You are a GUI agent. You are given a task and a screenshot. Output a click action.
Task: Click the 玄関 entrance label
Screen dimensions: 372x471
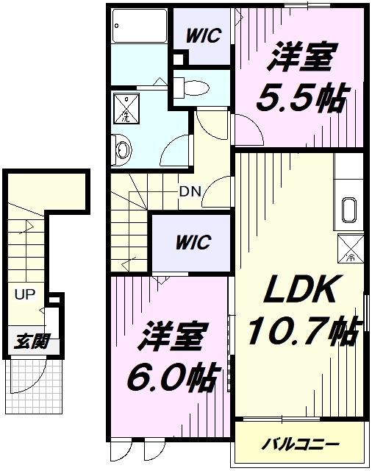click(x=31, y=341)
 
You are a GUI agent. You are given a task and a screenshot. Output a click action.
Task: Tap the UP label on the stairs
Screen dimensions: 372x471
click(x=25, y=294)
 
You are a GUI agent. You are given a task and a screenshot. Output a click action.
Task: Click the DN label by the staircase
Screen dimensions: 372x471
click(x=190, y=191)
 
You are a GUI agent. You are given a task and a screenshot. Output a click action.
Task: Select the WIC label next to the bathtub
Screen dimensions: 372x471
click(x=204, y=36)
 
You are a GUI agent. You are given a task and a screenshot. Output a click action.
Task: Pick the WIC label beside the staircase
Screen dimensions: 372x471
click(x=193, y=242)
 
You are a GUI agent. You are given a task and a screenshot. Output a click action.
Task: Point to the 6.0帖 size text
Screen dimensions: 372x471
click(x=171, y=378)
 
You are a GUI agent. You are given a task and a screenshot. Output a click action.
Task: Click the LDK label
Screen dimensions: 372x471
click(x=300, y=288)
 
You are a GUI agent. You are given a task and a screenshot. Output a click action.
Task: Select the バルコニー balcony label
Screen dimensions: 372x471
click(x=300, y=444)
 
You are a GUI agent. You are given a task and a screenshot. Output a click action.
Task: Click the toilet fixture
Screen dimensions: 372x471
click(x=192, y=88)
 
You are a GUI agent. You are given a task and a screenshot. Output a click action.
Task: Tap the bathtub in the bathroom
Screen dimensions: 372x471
click(x=139, y=26)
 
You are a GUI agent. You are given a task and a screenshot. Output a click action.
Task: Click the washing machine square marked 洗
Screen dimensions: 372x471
click(x=126, y=108)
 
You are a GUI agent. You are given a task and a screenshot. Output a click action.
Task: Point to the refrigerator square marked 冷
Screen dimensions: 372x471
click(x=351, y=249)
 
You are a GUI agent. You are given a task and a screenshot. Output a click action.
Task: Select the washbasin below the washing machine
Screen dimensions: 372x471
click(x=121, y=149)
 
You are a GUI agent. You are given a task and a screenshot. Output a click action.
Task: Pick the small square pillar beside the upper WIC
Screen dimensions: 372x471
click(x=178, y=59)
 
